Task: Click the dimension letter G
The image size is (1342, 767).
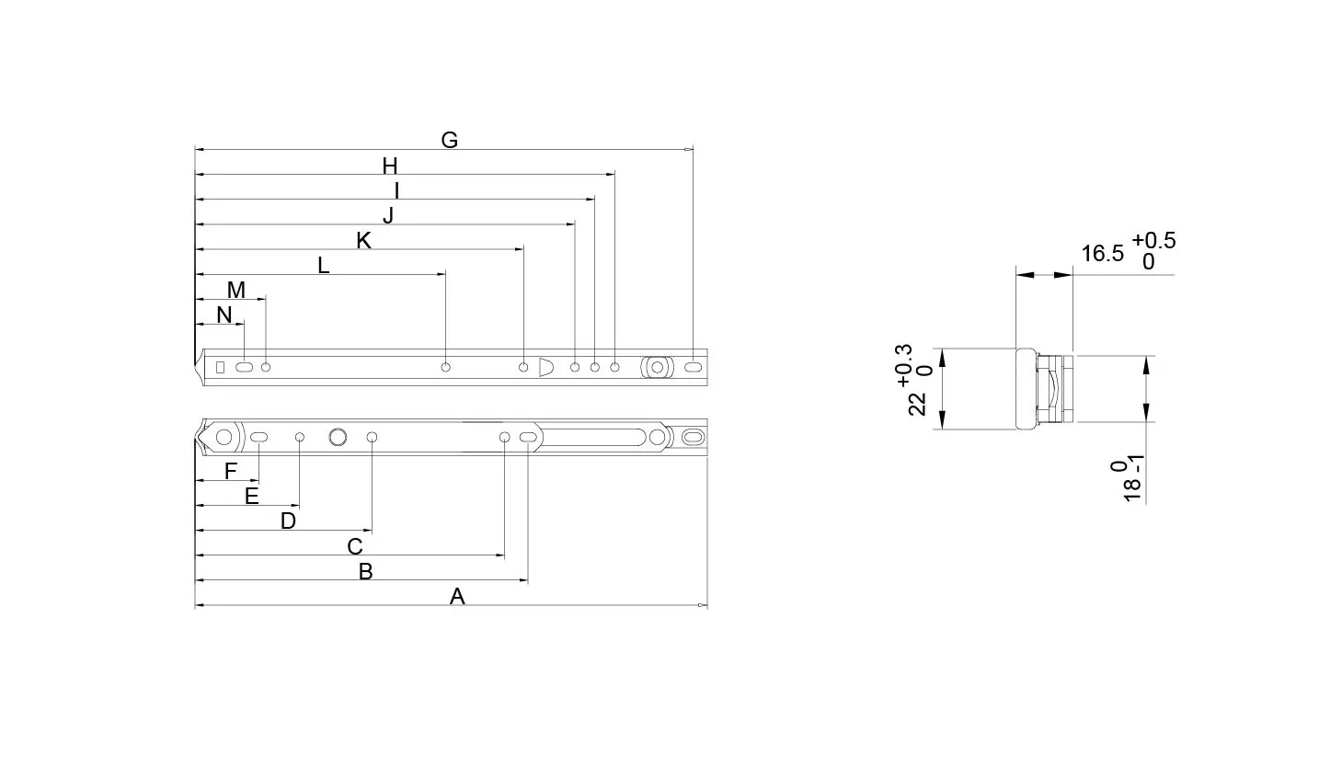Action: pyautogui.click(x=450, y=140)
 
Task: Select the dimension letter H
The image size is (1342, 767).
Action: pyautogui.click(x=390, y=166)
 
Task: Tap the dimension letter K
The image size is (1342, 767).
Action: pyautogui.click(x=363, y=241)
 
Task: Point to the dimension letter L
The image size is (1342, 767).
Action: pyautogui.click(x=323, y=266)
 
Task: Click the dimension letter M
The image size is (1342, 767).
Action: pyautogui.click(x=236, y=290)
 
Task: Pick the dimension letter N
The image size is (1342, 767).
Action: pyautogui.click(x=224, y=315)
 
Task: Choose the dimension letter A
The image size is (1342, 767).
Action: pyautogui.click(x=457, y=597)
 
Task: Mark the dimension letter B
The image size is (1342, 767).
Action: pyautogui.click(x=365, y=572)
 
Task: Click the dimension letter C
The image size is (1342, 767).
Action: pyautogui.click(x=355, y=546)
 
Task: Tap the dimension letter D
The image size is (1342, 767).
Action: pyautogui.click(x=288, y=521)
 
